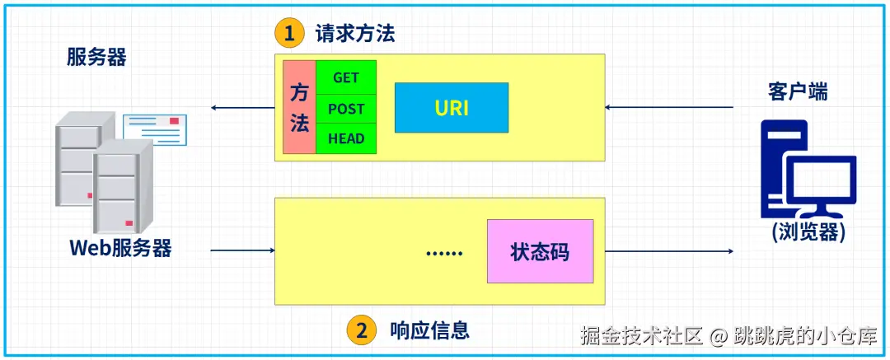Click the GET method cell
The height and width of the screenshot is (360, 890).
pyautogui.click(x=346, y=77)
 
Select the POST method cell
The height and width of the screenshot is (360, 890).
pyautogui.click(x=346, y=109)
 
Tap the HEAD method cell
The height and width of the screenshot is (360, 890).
pyautogui.click(x=346, y=139)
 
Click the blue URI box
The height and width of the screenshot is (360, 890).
pyautogui.click(x=452, y=108)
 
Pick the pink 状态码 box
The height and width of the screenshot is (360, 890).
pyautogui.click(x=540, y=251)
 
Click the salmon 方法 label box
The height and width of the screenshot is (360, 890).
pyautogui.click(x=299, y=108)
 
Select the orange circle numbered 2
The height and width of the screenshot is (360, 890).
pyautogui.click(x=361, y=330)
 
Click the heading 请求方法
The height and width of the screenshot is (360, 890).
pyautogui.click(x=355, y=33)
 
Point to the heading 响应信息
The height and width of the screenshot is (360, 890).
pyautogui.click(x=429, y=330)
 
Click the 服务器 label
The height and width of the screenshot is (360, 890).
pyautogui.click(x=96, y=57)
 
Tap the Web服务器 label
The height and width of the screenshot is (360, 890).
pyautogui.click(x=120, y=248)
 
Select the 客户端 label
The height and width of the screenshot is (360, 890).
pyautogui.click(x=797, y=92)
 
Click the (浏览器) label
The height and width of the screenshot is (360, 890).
pyautogui.click(x=808, y=231)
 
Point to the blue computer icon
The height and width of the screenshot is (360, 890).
pyautogui.click(x=806, y=168)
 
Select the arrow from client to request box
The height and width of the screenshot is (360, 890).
pyautogui.click(x=669, y=108)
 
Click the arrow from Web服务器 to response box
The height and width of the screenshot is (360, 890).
pyautogui.click(x=242, y=250)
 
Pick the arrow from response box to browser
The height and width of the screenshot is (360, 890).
pyautogui.click(x=669, y=250)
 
